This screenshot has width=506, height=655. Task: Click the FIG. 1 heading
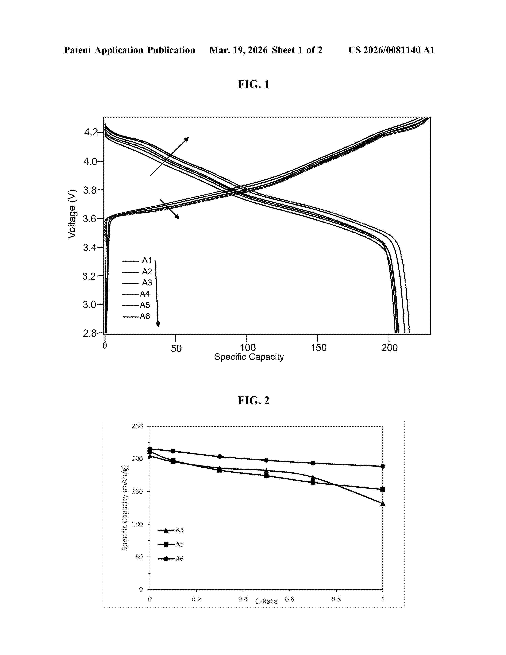click(x=253, y=85)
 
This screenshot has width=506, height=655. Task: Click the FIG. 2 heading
click(x=253, y=400)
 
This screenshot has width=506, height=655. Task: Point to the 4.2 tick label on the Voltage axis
click(x=90, y=132)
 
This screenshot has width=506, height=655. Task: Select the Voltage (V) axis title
click(x=72, y=214)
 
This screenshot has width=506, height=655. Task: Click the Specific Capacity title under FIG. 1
click(x=249, y=357)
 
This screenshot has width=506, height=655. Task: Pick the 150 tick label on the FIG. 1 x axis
click(x=318, y=348)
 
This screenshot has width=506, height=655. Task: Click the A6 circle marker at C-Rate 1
click(x=383, y=466)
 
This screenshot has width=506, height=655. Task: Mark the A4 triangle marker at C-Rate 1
click(x=383, y=504)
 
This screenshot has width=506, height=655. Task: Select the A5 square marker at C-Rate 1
click(x=383, y=489)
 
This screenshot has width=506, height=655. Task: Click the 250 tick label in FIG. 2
click(x=137, y=426)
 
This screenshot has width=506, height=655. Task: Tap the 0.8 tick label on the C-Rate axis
click(x=336, y=599)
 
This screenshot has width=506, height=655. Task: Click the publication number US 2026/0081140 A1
click(x=391, y=50)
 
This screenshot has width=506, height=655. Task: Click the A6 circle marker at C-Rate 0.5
click(x=266, y=460)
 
